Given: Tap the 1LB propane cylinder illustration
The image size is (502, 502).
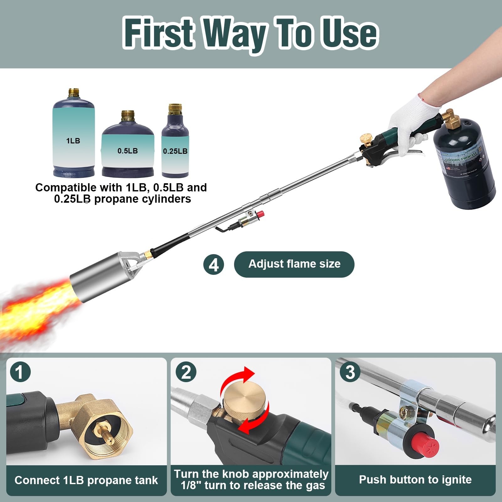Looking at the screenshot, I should click(x=73, y=135).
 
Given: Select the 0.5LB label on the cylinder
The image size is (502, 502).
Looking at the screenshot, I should click(x=128, y=151).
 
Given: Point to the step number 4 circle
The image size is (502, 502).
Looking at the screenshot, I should click(x=214, y=264).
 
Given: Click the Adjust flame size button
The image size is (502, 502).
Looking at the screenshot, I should click(x=294, y=264).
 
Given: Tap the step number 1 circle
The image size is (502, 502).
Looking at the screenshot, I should click(x=20, y=372).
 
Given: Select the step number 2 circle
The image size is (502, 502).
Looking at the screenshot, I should click(x=186, y=372).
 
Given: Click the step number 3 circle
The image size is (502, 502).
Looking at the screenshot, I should click(x=350, y=372).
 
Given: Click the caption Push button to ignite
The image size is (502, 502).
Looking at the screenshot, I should click(x=415, y=480).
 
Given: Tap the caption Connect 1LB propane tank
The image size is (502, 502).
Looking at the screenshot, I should click(x=86, y=480).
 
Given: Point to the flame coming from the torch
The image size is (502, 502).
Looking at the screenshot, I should click(x=35, y=311).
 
